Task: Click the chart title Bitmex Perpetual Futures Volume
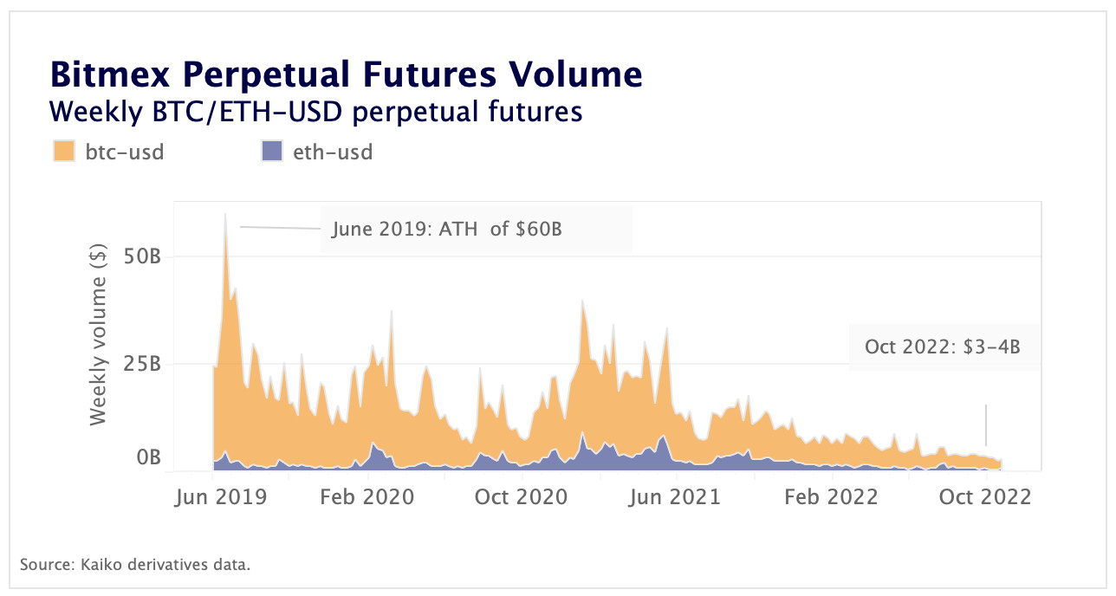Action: coord(347,74)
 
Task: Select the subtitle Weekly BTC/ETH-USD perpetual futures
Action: coord(315,112)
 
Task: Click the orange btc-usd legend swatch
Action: coord(64,152)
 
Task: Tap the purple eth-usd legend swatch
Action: coord(271,152)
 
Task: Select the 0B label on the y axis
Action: coord(148,457)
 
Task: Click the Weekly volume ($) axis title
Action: coord(98,336)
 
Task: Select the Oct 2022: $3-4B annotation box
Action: coord(943,347)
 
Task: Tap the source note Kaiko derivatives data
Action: coord(135,565)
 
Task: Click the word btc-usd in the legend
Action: coord(125,152)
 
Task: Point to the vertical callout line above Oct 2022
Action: coord(986,424)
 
